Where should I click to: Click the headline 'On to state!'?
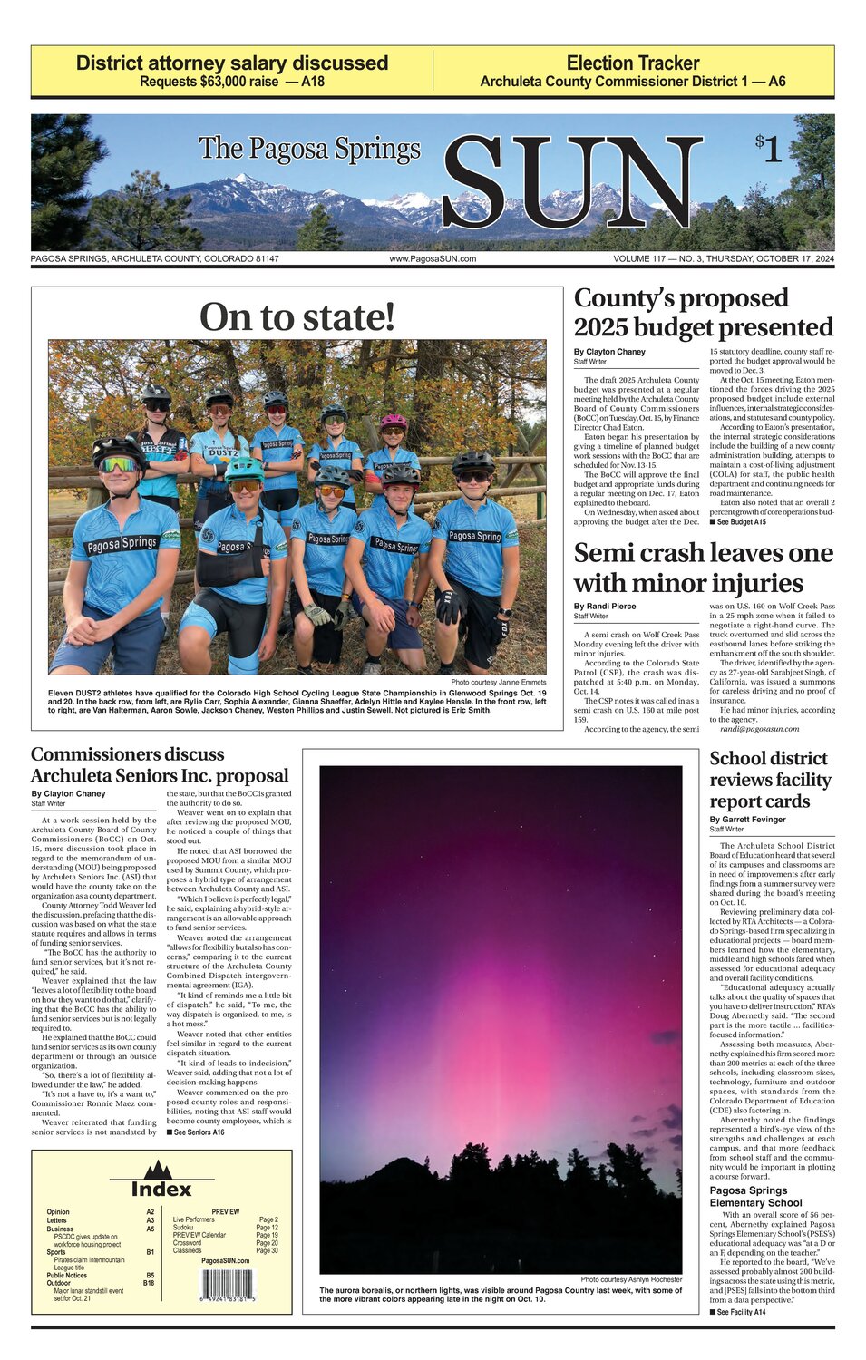tap(297, 317)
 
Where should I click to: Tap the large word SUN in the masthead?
tap(571, 182)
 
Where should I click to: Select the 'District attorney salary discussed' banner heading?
tap(232, 63)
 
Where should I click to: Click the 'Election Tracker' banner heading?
tap(633, 63)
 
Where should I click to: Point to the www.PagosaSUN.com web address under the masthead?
tap(433, 259)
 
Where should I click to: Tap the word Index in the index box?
tap(161, 1189)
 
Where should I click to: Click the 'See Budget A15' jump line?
tap(738, 522)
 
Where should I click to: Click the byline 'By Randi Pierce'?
tap(605, 606)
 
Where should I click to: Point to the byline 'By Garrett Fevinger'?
tap(747, 820)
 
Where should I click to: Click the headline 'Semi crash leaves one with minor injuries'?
tap(703, 568)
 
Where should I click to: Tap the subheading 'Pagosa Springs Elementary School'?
tap(755, 1196)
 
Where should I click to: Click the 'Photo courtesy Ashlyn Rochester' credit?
tap(631, 1279)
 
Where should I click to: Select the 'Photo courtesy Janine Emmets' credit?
tap(499, 682)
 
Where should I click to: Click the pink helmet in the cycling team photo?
tap(394, 422)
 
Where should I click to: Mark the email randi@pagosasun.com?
tap(759, 729)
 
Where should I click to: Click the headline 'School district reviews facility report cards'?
tap(770, 780)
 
